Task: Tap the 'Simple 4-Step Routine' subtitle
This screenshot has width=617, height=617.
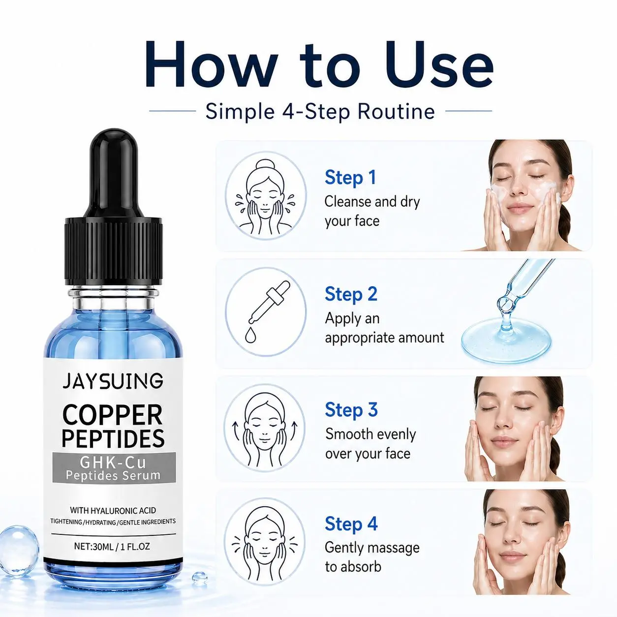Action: pos(320,111)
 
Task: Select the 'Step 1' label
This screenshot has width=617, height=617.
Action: pos(350,178)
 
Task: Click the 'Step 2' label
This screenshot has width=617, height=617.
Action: pos(351,294)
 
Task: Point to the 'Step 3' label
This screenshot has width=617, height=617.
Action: pos(351,410)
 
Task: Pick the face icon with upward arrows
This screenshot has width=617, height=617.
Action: pos(265,430)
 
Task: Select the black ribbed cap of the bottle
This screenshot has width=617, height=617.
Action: pos(114,251)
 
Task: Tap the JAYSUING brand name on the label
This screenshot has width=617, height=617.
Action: pos(113,381)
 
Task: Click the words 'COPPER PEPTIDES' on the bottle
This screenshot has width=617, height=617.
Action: pos(113,426)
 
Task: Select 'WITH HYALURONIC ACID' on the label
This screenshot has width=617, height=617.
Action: pos(113,510)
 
